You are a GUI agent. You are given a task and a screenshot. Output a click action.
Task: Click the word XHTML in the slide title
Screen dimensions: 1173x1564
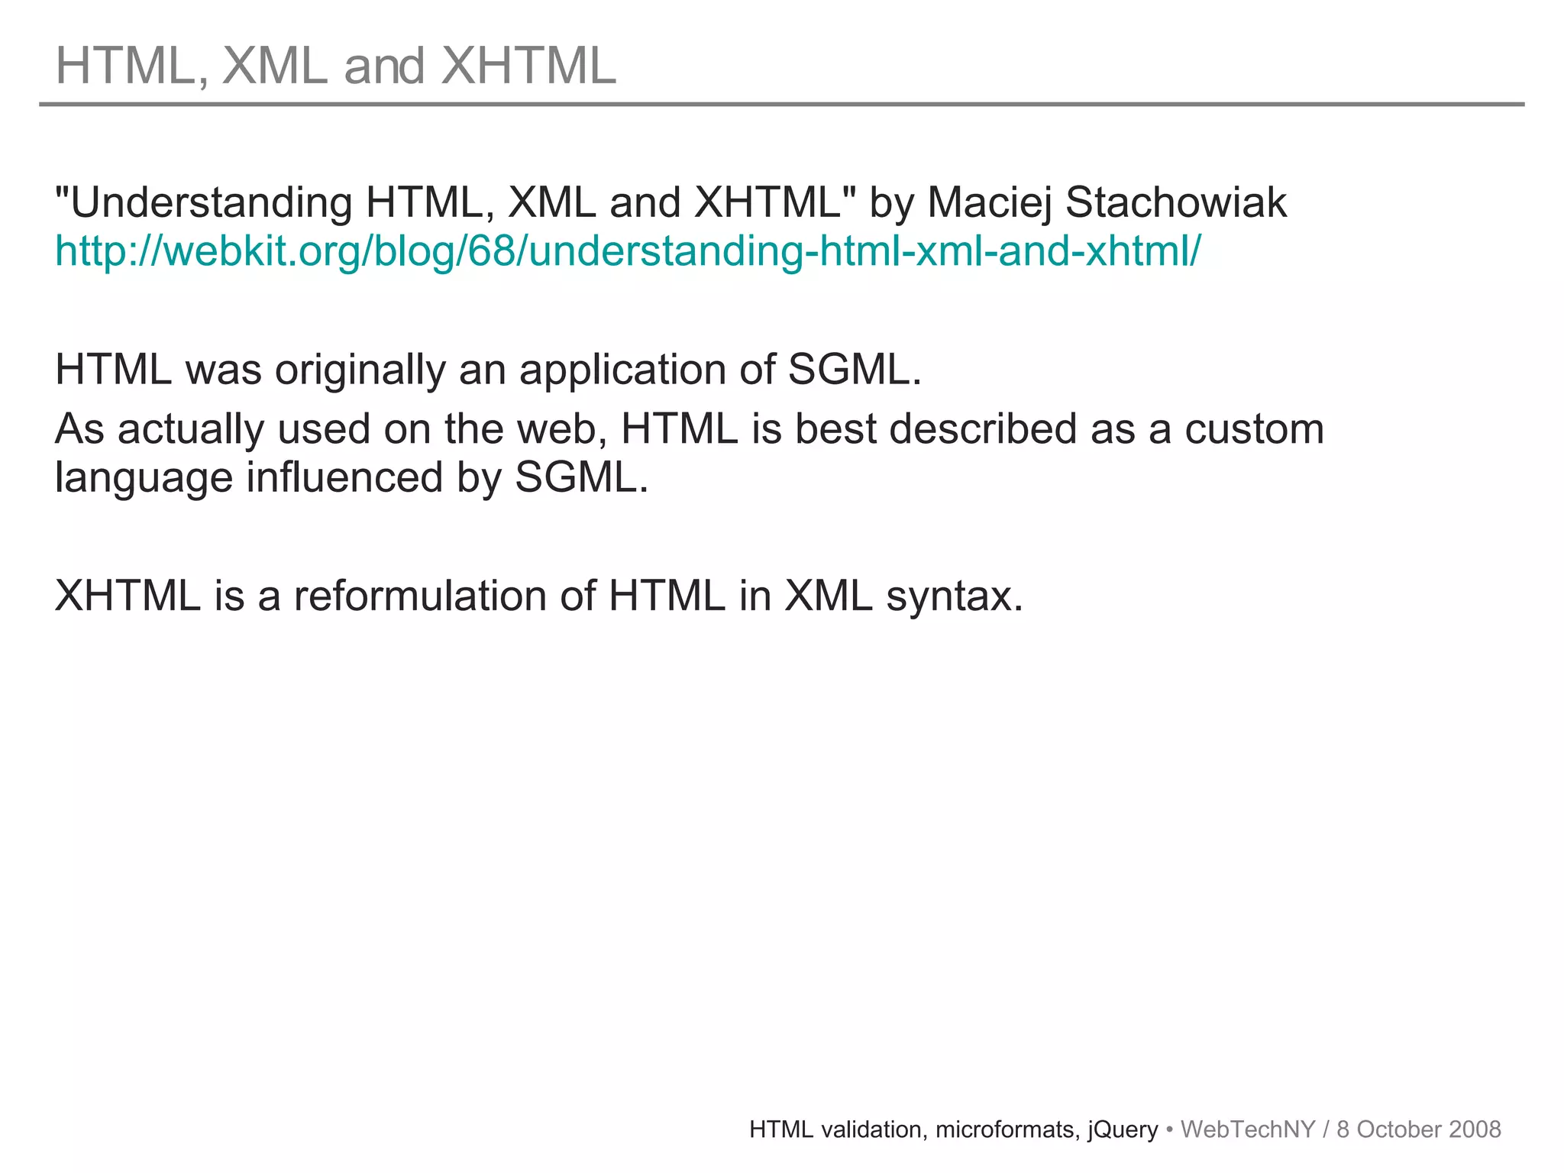click(528, 66)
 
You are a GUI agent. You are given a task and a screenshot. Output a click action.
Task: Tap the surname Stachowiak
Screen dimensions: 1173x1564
click(1175, 203)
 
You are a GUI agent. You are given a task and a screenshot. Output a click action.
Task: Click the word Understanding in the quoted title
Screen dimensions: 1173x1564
click(210, 203)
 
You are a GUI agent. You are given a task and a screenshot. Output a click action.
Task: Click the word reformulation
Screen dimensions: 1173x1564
click(420, 596)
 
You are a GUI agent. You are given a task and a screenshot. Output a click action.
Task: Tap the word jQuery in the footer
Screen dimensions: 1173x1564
click(1122, 1129)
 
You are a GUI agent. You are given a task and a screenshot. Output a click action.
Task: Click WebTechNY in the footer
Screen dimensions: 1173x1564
click(1247, 1129)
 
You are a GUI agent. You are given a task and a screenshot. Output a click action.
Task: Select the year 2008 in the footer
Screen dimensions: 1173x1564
click(1475, 1129)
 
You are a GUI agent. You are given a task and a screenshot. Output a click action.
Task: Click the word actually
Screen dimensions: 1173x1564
click(190, 429)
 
